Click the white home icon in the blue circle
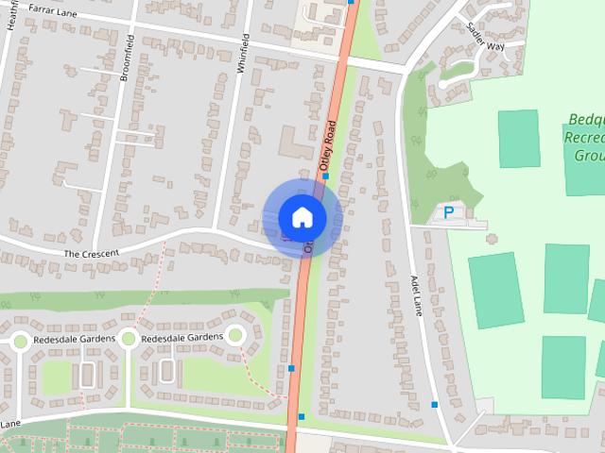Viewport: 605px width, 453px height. (302, 217)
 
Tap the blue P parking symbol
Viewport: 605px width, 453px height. (449, 213)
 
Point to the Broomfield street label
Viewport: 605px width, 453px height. (128, 59)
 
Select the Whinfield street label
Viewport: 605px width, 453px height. (244, 55)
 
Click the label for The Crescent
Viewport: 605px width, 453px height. (91, 254)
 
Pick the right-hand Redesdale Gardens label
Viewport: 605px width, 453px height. (181, 338)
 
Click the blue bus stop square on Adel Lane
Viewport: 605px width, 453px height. (435, 404)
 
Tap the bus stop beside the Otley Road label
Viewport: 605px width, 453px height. (324, 176)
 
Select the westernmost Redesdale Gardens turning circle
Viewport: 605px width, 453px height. (20, 341)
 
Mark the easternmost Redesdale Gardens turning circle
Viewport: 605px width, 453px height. (235, 334)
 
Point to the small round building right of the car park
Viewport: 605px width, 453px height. (491, 238)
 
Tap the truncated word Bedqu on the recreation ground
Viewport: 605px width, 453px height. (586, 119)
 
